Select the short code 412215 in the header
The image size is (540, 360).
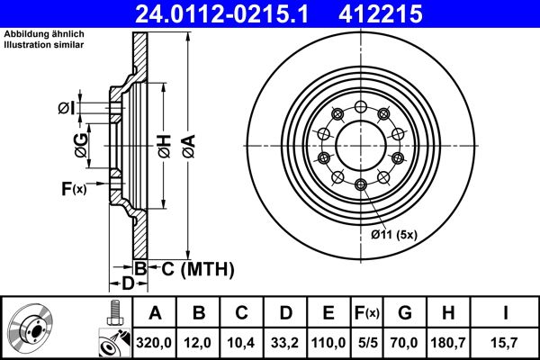click(x=405, y=13)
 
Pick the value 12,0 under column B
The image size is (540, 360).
click(x=199, y=343)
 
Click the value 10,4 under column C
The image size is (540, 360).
click(x=242, y=343)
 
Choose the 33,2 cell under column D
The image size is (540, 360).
click(x=285, y=343)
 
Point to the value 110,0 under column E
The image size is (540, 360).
click(x=328, y=343)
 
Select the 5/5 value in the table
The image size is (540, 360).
click(x=365, y=343)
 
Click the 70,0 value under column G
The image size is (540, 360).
click(x=404, y=343)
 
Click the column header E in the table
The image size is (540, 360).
click(x=328, y=314)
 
